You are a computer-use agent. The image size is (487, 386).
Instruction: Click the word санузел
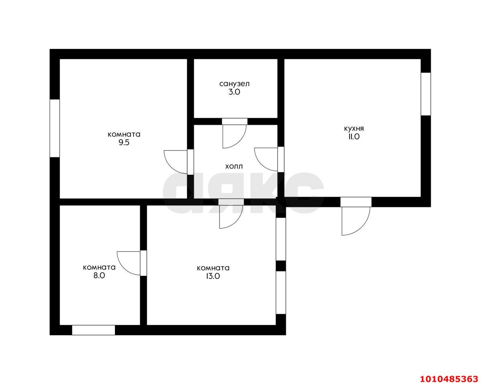[x=234, y=84]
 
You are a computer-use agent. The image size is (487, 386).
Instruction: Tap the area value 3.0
[x=234, y=92]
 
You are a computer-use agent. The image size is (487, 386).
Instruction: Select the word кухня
[x=354, y=129]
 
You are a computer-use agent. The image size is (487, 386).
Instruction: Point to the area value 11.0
[x=354, y=137]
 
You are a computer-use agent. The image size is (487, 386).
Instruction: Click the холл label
[x=234, y=166]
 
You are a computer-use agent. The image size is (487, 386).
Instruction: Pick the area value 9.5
[x=124, y=142]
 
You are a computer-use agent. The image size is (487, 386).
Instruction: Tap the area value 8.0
[x=99, y=275]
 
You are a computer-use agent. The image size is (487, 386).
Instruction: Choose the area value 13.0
[x=213, y=276]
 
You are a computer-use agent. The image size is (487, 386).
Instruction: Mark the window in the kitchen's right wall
[x=426, y=94]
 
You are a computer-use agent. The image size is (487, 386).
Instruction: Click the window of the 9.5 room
[x=54, y=128]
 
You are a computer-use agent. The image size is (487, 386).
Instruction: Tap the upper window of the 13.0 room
[x=281, y=239]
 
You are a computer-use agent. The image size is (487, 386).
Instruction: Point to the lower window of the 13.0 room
[x=281, y=293]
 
